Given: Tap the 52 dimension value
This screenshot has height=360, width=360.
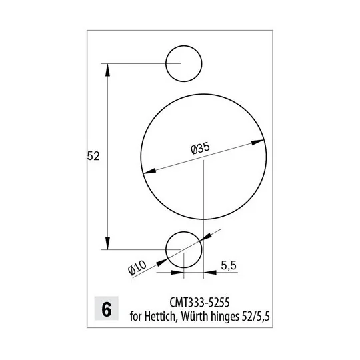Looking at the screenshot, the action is pyautogui.click(x=93, y=156).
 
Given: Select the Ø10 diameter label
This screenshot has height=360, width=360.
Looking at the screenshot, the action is pyautogui.click(x=137, y=267).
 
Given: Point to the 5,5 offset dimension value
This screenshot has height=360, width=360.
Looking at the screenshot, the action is pyautogui.click(x=229, y=265).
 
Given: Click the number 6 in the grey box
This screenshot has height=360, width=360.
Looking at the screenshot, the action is pyautogui.click(x=107, y=310).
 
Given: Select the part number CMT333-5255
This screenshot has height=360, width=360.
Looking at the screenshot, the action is pyautogui.click(x=199, y=303).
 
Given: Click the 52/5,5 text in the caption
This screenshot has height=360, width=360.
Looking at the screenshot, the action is pyautogui.click(x=256, y=317).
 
